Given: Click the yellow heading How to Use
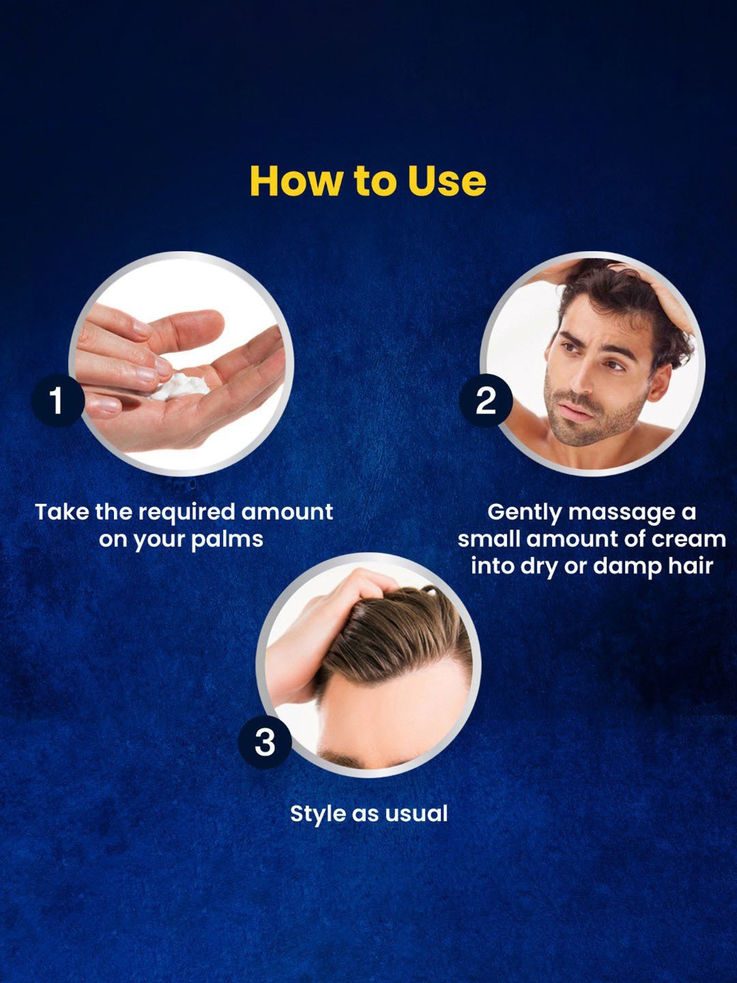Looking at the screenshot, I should [368, 181].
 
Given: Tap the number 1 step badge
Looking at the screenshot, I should [57, 400].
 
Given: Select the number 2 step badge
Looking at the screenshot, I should [485, 400].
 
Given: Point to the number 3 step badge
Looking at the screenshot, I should [265, 742].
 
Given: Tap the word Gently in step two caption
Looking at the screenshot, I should [524, 512].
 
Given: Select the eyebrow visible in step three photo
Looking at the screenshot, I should [339, 760].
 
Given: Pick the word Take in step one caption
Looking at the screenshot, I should [62, 512].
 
